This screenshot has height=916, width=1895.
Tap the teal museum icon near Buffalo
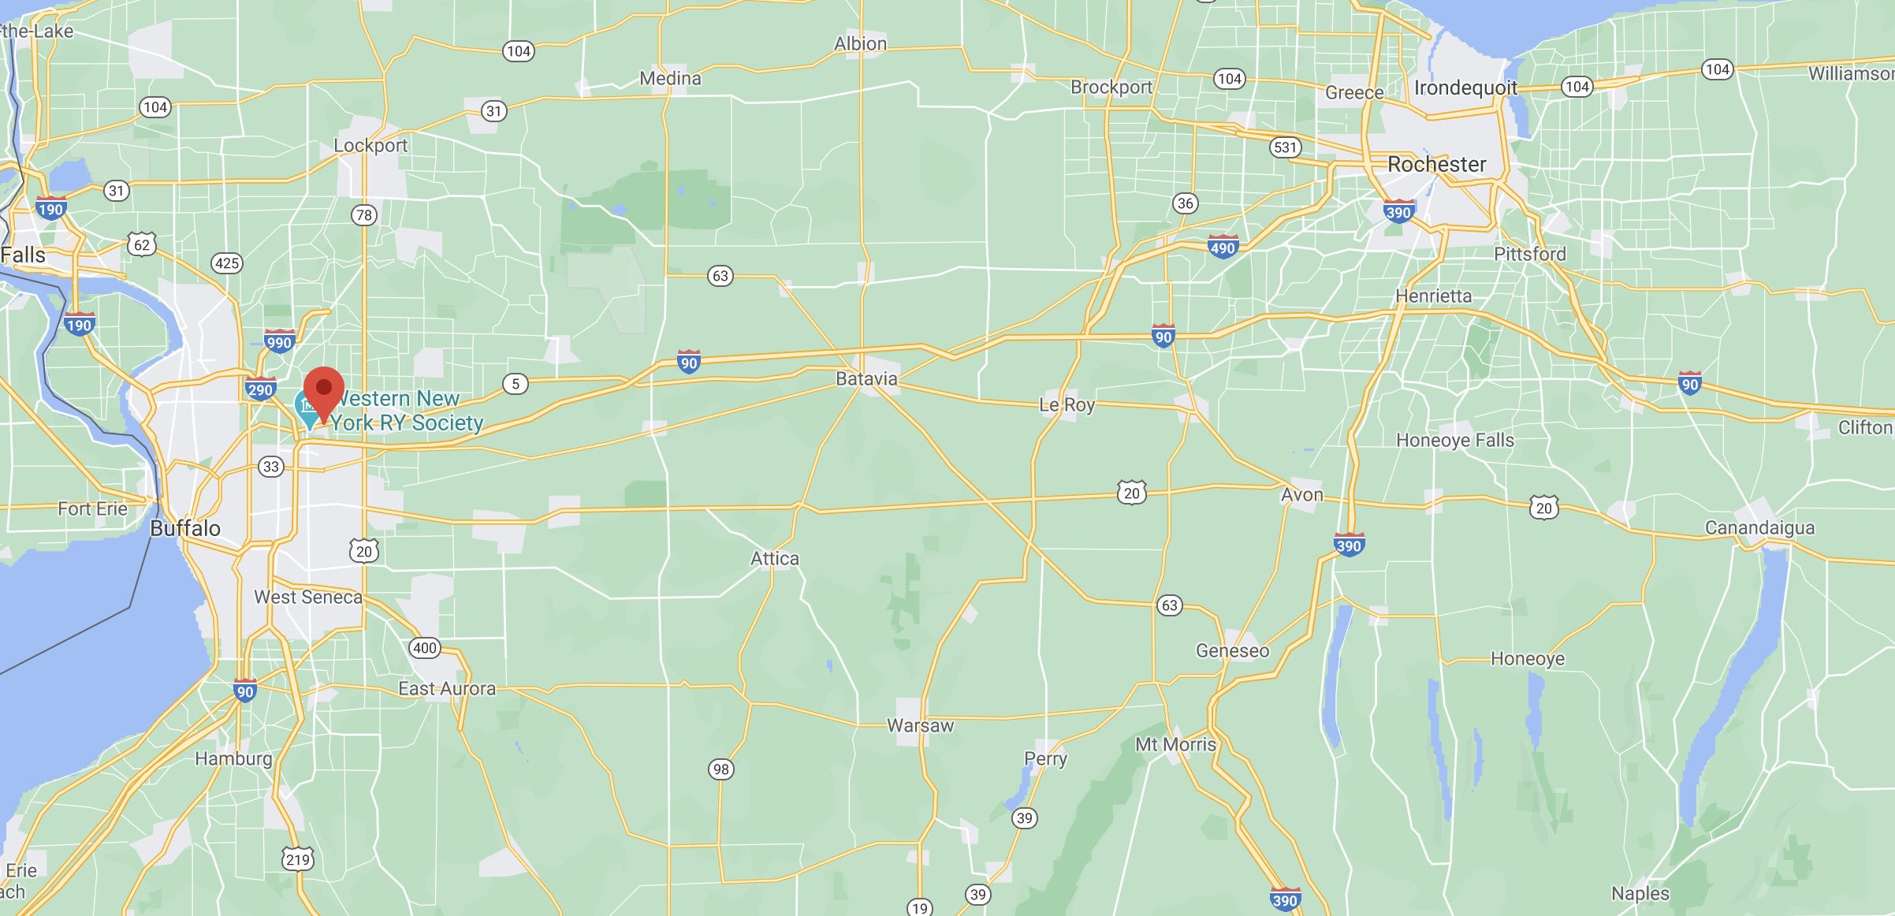pyautogui.click(x=306, y=406)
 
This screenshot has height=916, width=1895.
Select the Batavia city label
pyautogui.click(x=866, y=379)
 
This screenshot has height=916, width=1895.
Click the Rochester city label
pyautogui.click(x=1436, y=165)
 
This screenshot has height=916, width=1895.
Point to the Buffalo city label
pyautogui.click(x=185, y=528)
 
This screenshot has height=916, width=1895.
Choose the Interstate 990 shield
pyautogui.click(x=279, y=342)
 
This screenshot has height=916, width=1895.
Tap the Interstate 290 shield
pyautogui.click(x=260, y=389)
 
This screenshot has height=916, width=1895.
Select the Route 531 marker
pyautogui.click(x=1285, y=147)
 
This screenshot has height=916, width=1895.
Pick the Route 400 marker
pyautogui.click(x=425, y=648)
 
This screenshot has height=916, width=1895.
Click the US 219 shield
pyautogui.click(x=298, y=859)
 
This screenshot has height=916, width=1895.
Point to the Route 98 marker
pyautogui.click(x=720, y=769)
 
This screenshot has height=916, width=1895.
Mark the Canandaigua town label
pyautogui.click(x=1759, y=528)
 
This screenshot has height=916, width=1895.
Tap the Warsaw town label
pyautogui.click(x=920, y=726)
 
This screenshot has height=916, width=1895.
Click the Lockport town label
pyautogui.click(x=370, y=146)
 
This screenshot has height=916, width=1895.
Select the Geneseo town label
pyautogui.click(x=1232, y=651)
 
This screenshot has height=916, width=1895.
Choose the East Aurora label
pyautogui.click(x=447, y=689)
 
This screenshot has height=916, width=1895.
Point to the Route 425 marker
pyautogui.click(x=226, y=263)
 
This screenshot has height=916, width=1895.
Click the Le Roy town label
pyautogui.click(x=1067, y=405)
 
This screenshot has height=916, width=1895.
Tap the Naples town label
pyautogui.click(x=1640, y=894)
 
